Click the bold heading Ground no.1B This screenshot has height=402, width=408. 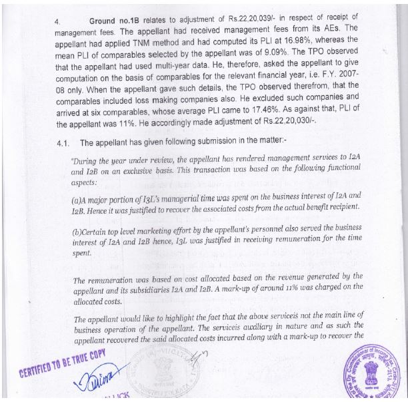pyautogui.click(x=117, y=22)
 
